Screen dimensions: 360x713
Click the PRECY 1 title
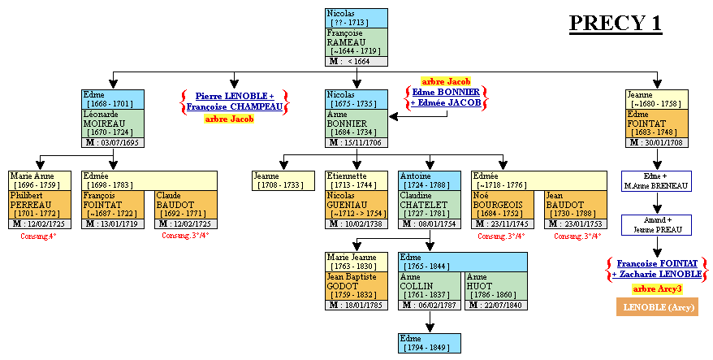point(615,23)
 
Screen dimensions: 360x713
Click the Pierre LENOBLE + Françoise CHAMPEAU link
point(233,101)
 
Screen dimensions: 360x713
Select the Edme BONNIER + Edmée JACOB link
point(445,98)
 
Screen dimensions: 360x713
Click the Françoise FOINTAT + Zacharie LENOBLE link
point(657,269)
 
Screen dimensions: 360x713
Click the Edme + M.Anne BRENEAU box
point(657,181)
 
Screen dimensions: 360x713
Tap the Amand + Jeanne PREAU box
point(657,225)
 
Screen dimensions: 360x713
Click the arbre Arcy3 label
point(657,288)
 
